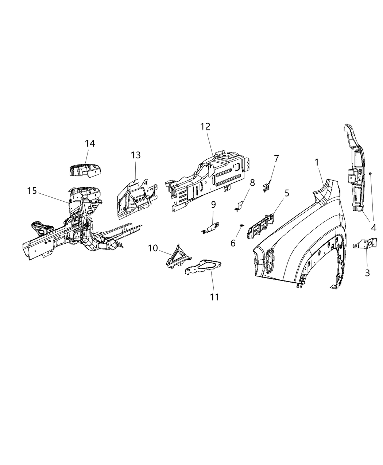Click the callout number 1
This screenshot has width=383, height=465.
point(317,162)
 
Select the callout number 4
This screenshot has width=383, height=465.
point(374,228)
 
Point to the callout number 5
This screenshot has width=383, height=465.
point(287,193)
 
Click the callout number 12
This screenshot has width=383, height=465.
point(205,127)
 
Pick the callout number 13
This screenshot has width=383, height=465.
point(136,155)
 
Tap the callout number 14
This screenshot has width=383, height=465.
point(90,143)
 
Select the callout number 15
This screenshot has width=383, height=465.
point(32,190)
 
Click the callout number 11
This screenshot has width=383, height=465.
point(215,297)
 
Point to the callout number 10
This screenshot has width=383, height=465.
point(153,248)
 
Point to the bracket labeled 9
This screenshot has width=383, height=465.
point(211,227)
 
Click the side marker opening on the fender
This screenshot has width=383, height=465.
point(271,260)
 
